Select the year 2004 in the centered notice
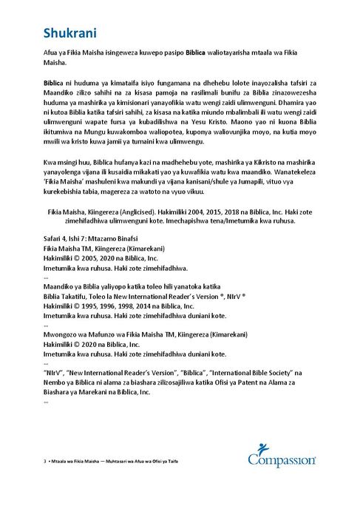coord(203,211)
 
